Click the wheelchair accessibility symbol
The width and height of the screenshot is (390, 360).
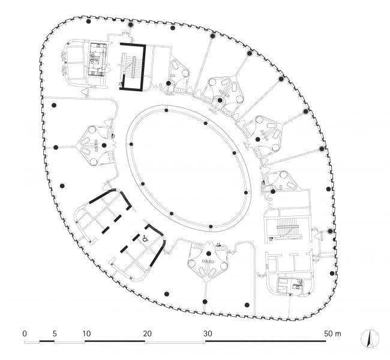point(145,238)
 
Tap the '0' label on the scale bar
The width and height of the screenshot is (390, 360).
point(25,333)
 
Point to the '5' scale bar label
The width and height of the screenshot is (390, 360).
point(55,333)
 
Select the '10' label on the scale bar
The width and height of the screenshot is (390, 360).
point(86,333)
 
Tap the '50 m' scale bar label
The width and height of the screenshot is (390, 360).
point(331,333)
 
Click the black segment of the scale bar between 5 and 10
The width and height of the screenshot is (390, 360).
point(70,341)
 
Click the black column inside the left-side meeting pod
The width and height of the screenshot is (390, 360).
point(104,145)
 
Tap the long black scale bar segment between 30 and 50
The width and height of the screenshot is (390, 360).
point(266,341)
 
